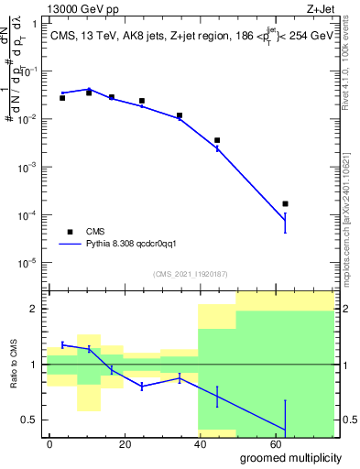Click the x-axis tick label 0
tap(49, 442)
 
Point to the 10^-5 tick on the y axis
tap(29, 263)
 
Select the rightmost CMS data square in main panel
tap(285, 203)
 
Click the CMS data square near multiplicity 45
tap(217, 140)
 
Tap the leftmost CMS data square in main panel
tap(62, 97)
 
